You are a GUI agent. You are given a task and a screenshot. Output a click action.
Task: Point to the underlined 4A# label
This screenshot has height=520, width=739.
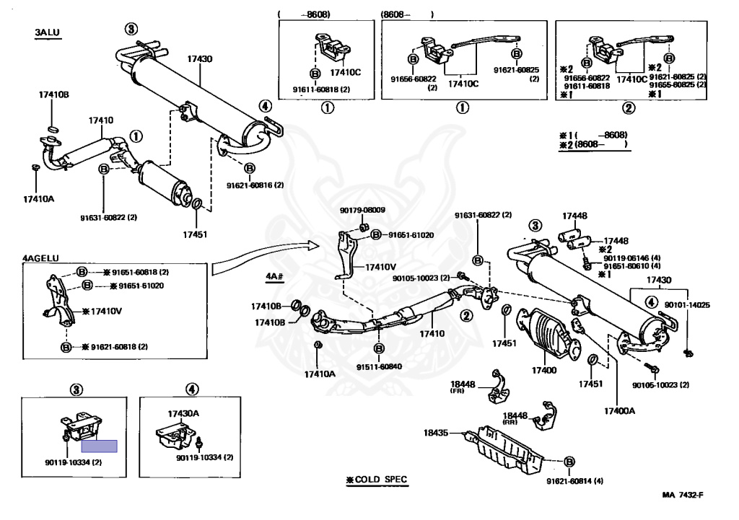click(x=276, y=276)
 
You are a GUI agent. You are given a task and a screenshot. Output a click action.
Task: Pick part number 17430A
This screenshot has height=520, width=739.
click(x=183, y=413)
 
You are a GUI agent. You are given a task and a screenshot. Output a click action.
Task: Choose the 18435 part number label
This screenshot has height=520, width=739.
click(x=436, y=433)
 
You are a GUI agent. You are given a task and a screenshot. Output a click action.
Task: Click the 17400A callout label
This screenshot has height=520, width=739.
click(x=620, y=410)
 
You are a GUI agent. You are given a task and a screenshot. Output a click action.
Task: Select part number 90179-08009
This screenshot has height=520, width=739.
click(x=362, y=211)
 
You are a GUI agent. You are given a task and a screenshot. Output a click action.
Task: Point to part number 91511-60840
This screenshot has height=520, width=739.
click(x=378, y=366)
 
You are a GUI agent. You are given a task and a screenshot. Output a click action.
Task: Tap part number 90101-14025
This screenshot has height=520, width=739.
click(x=688, y=305)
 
